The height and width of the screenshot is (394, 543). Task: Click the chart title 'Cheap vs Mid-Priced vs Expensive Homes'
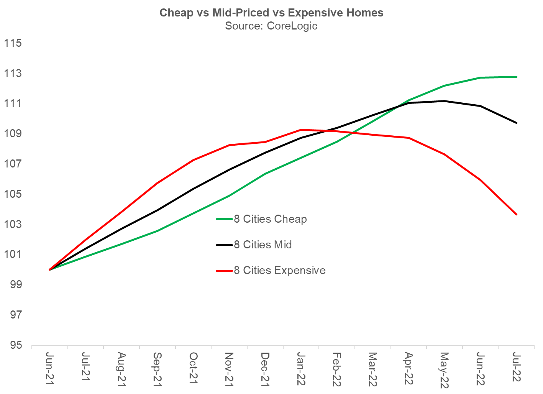coord(271,13)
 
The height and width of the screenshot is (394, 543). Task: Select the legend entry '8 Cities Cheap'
coord(270,219)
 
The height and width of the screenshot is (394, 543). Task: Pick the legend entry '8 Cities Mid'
coord(262,245)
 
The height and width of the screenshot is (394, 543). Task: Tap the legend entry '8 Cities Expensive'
coord(279,270)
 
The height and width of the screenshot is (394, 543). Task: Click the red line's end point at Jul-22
coord(517,214)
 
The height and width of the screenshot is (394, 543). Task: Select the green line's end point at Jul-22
coord(517,77)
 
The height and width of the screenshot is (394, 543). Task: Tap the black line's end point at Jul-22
coord(517,123)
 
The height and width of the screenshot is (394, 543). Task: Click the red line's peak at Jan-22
coord(301,130)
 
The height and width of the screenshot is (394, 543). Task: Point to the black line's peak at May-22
coord(445,101)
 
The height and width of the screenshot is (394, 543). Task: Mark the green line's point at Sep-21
coord(157,231)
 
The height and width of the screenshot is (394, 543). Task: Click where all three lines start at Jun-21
coord(50,269)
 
